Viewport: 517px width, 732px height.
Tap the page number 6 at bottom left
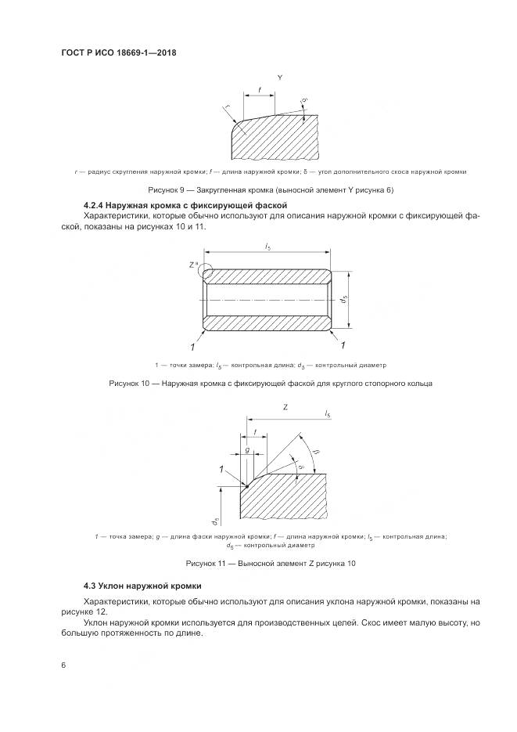click(63, 665)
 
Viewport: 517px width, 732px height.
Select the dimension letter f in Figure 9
click(259, 90)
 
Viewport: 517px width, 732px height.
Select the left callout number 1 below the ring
click(190, 345)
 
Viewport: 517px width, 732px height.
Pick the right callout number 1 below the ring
click(343, 345)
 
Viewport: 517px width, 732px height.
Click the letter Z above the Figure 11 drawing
click(285, 408)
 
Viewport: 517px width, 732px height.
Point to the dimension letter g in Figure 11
click(246, 451)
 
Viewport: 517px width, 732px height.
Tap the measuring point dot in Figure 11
click(246, 486)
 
